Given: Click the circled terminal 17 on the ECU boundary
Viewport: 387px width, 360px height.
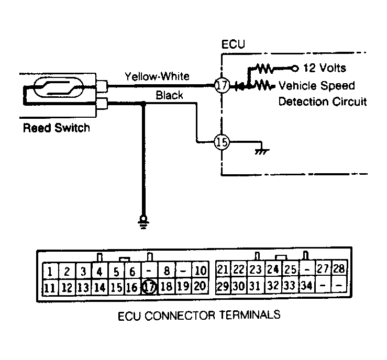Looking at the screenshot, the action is click(x=222, y=85).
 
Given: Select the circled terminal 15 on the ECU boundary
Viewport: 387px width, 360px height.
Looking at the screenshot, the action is click(x=222, y=142).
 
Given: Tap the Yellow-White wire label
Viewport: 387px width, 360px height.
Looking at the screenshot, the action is click(x=157, y=76).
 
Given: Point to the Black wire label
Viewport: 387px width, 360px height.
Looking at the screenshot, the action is click(x=169, y=95).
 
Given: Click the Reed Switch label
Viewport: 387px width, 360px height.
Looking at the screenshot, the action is click(x=56, y=128).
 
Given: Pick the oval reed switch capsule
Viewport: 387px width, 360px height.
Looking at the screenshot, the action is click(x=59, y=87).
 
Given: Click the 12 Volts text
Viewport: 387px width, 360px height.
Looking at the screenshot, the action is click(x=324, y=68).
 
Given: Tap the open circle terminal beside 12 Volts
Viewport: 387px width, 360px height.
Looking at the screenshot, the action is click(x=294, y=69).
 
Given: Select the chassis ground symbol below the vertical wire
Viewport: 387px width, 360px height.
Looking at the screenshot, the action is click(x=143, y=222).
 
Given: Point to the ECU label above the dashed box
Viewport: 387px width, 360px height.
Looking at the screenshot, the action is click(x=233, y=44).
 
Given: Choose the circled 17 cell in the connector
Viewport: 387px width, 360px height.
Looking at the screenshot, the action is click(x=149, y=287).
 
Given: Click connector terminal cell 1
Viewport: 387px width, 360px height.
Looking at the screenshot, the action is click(x=50, y=271).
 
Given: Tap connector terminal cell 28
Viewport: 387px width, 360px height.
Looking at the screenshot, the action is click(x=339, y=268).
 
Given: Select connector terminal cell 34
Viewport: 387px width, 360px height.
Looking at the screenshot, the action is click(x=307, y=285).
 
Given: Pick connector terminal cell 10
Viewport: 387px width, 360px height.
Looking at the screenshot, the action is click(x=200, y=270).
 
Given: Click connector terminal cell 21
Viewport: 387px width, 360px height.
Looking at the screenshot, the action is click(x=223, y=269).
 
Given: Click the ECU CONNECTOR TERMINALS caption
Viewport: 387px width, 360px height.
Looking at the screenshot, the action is click(x=199, y=316).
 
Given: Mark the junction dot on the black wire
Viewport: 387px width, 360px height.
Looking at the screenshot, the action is click(x=143, y=104).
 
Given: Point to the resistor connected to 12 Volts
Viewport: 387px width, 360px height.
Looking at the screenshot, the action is click(x=263, y=69).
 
